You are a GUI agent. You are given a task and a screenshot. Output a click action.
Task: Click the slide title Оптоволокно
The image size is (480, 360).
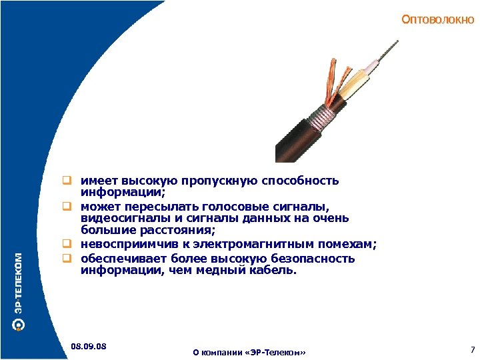click(x=438, y=20)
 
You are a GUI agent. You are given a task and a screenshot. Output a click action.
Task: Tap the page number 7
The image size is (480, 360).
click(x=471, y=349)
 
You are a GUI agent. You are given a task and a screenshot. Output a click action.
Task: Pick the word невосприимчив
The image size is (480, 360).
click(x=124, y=245)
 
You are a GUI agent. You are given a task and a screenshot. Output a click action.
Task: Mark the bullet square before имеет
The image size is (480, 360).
click(x=68, y=181)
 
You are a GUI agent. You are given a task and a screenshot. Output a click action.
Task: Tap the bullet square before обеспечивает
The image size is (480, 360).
click(x=68, y=258)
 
